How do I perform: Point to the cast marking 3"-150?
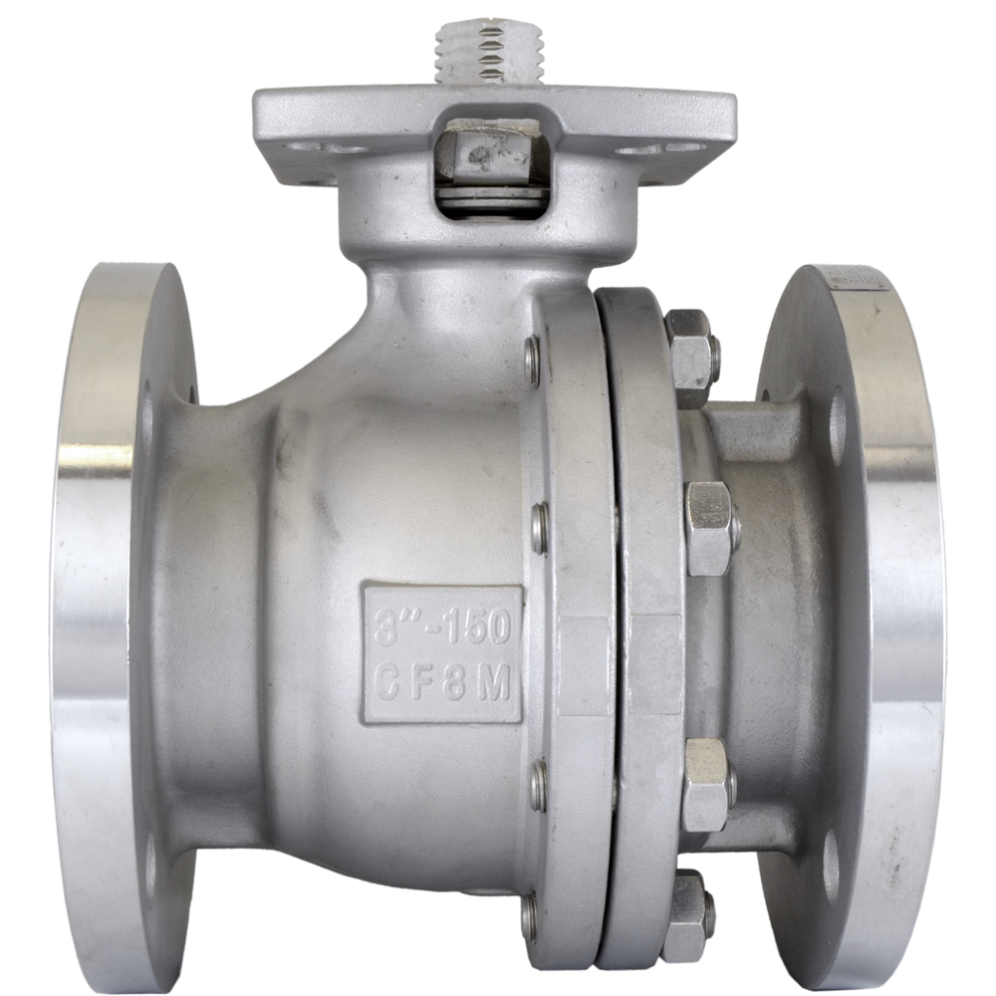(438, 627)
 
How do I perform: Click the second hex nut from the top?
(709, 527)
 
